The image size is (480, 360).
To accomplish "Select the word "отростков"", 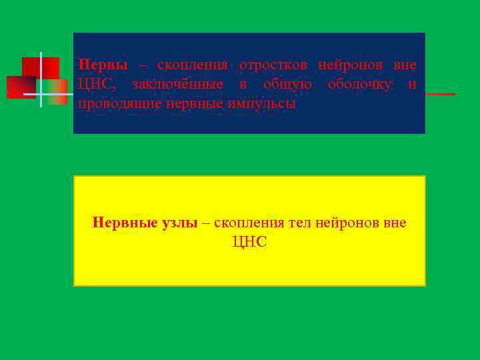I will click(x=269, y=65).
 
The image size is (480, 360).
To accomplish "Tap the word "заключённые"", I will click(x=177, y=85).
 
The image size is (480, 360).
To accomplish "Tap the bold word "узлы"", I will click(x=179, y=223).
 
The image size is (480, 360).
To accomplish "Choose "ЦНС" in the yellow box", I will click(x=249, y=243).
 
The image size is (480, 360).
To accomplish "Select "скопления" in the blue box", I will click(x=193, y=65).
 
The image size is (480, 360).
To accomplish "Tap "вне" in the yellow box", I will click(x=394, y=223).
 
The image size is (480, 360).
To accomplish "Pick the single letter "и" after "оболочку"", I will click(x=412, y=85).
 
